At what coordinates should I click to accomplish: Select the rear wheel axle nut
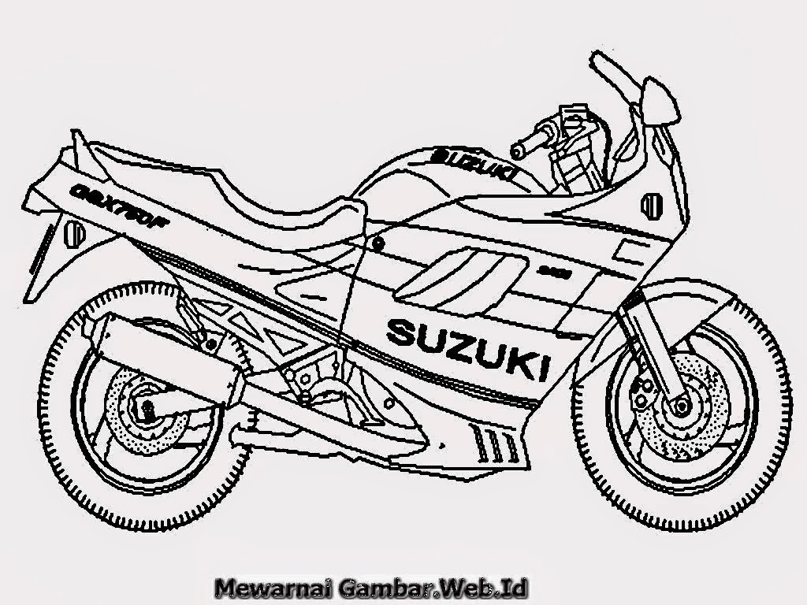pyautogui.click(x=147, y=407)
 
